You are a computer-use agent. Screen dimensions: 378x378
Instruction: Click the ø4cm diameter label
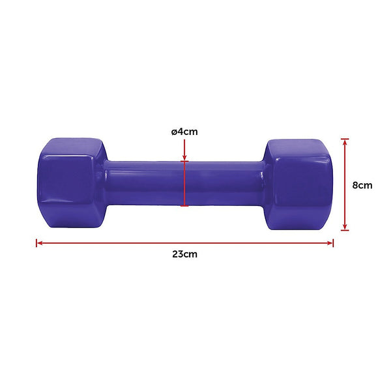point(184,132)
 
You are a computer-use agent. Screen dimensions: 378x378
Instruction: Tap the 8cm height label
point(362,184)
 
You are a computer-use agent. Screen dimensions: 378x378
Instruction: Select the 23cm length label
point(184,254)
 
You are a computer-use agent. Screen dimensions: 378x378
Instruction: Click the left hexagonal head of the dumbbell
point(68,184)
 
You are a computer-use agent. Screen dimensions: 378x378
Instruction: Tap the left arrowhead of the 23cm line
point(39,243)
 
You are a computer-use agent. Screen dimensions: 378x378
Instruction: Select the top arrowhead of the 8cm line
point(345,141)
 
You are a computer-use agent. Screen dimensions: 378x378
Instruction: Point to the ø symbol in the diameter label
point(174,132)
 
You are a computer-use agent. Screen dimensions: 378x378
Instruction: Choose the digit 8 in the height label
point(355,184)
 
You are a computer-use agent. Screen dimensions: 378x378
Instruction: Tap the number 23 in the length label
point(178,254)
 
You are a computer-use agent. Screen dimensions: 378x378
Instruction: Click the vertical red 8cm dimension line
point(345,184)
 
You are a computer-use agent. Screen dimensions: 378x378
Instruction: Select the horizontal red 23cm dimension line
point(184,243)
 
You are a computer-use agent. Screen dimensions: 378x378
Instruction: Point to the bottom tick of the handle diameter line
point(185,207)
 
